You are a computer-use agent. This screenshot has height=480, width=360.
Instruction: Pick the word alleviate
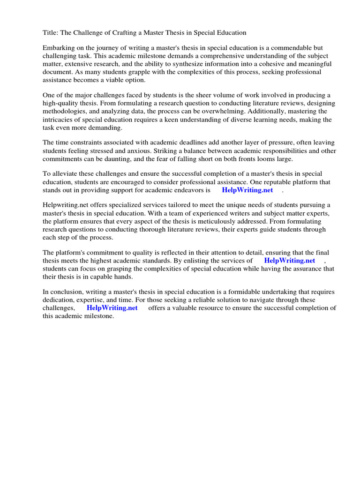click(66, 174)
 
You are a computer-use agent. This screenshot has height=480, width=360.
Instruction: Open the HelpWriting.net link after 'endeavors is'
click(247, 190)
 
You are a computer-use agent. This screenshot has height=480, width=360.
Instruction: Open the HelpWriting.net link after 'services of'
click(290, 261)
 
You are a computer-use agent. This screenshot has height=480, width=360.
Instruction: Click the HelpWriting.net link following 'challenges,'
click(112, 308)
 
